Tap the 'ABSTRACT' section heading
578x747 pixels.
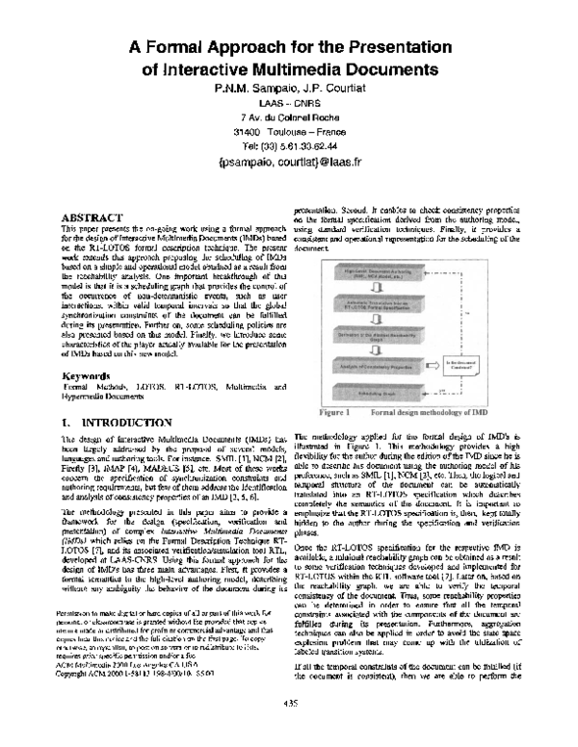coord(93,217)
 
